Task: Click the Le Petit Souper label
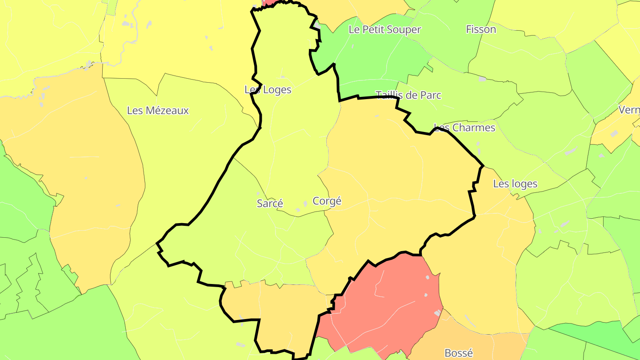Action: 384,30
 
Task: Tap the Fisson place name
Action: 481,29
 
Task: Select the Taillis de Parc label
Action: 408,95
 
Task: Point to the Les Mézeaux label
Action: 158,111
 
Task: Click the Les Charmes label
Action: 464,128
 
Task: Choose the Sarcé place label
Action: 270,204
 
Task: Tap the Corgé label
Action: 327,201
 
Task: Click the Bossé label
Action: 459,353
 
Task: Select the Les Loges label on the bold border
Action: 268,90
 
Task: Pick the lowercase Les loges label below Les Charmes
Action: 515,184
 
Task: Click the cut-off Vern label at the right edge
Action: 629,110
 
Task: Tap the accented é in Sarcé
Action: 280,204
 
